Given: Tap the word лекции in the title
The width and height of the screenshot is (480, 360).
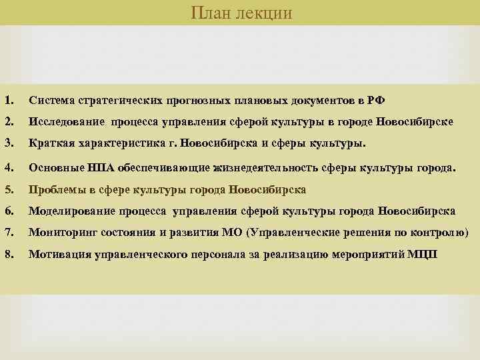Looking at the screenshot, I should click(x=263, y=13).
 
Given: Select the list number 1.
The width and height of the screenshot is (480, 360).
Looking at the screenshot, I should click(x=8, y=101).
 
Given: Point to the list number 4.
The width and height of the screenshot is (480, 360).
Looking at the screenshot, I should click(x=8, y=167).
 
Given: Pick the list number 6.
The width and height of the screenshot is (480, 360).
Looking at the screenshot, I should click(x=8, y=211).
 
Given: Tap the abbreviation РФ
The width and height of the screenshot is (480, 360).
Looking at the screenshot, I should click(x=376, y=101).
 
